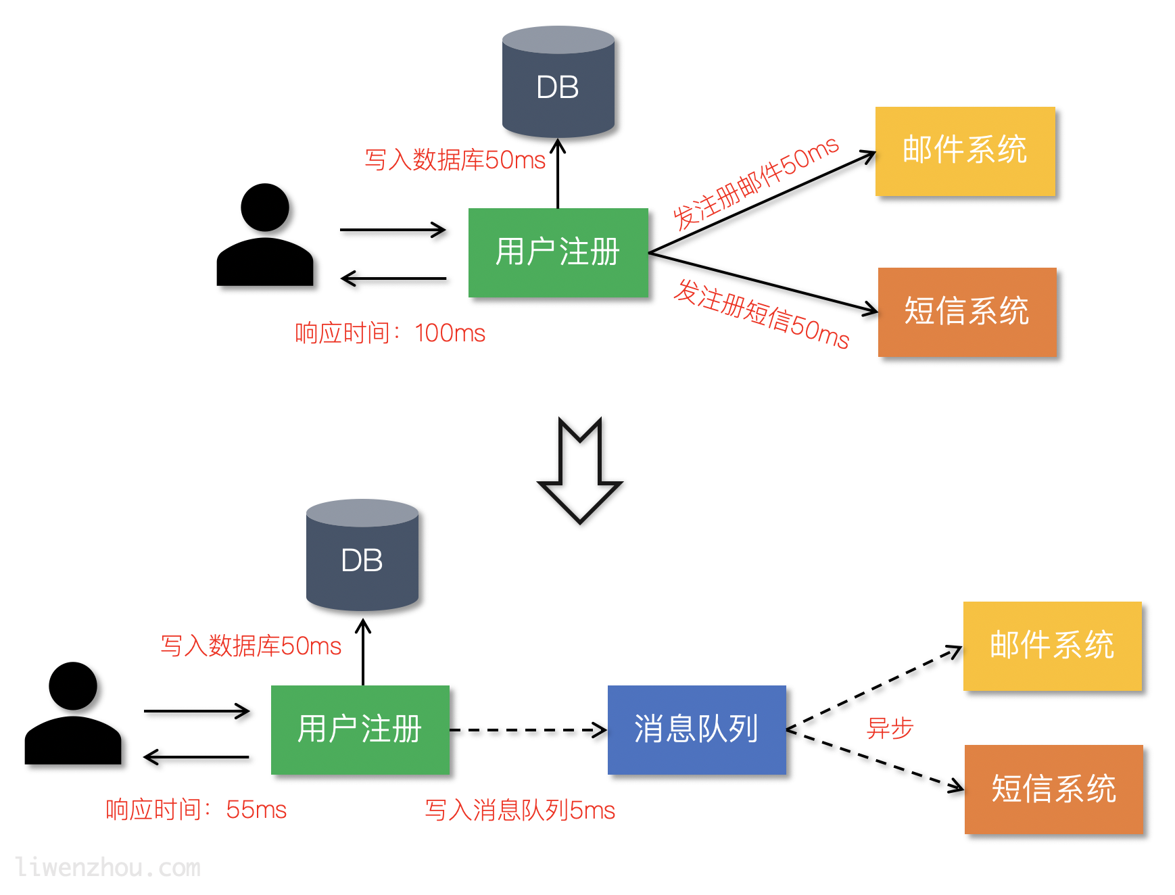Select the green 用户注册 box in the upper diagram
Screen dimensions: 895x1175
558,252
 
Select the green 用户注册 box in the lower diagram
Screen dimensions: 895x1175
360,729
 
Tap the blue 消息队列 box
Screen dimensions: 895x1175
696,729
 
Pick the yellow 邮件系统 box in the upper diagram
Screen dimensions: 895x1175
965,151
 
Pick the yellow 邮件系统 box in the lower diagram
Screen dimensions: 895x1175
1052,646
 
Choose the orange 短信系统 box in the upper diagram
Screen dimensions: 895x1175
967,312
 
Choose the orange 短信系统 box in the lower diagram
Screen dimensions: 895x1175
1053,789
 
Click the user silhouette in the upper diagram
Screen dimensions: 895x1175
265,236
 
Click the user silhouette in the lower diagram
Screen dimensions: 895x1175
73,715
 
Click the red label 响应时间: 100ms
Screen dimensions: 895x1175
390,333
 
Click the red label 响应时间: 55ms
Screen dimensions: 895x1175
196,809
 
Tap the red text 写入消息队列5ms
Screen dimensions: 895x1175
520,810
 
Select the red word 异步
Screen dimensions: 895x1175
890,728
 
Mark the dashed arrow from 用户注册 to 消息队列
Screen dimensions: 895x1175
527,730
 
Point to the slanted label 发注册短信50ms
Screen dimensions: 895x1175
761,314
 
